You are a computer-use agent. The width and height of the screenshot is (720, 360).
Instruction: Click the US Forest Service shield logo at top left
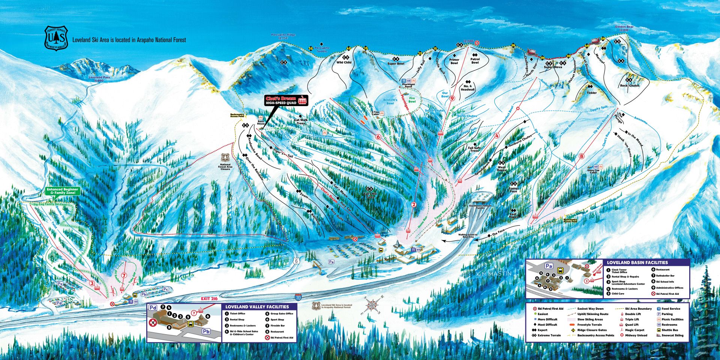(56, 38)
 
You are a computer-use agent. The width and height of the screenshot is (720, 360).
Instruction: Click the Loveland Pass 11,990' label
(99, 79)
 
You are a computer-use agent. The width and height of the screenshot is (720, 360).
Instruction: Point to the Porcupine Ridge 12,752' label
(283, 36)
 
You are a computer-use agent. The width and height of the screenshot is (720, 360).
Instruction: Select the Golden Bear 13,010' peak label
(624, 28)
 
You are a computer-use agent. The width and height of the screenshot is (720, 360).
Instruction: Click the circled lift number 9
(452, 99)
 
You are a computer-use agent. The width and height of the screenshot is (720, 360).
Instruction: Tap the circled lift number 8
(582, 156)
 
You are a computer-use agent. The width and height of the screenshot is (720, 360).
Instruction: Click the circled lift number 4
(497, 136)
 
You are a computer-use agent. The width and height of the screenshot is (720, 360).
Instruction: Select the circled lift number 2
(414, 204)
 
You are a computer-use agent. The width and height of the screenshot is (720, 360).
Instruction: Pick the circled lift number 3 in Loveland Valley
(92, 283)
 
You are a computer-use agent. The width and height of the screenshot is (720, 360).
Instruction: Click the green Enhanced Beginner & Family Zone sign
(63, 191)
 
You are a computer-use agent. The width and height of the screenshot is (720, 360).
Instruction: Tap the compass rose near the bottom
(372, 305)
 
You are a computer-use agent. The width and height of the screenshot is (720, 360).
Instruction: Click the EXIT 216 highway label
(209, 298)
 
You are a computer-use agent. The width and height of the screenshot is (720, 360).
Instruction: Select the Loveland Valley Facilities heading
(257, 307)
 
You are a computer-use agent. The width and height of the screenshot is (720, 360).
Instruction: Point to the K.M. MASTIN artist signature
(493, 274)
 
